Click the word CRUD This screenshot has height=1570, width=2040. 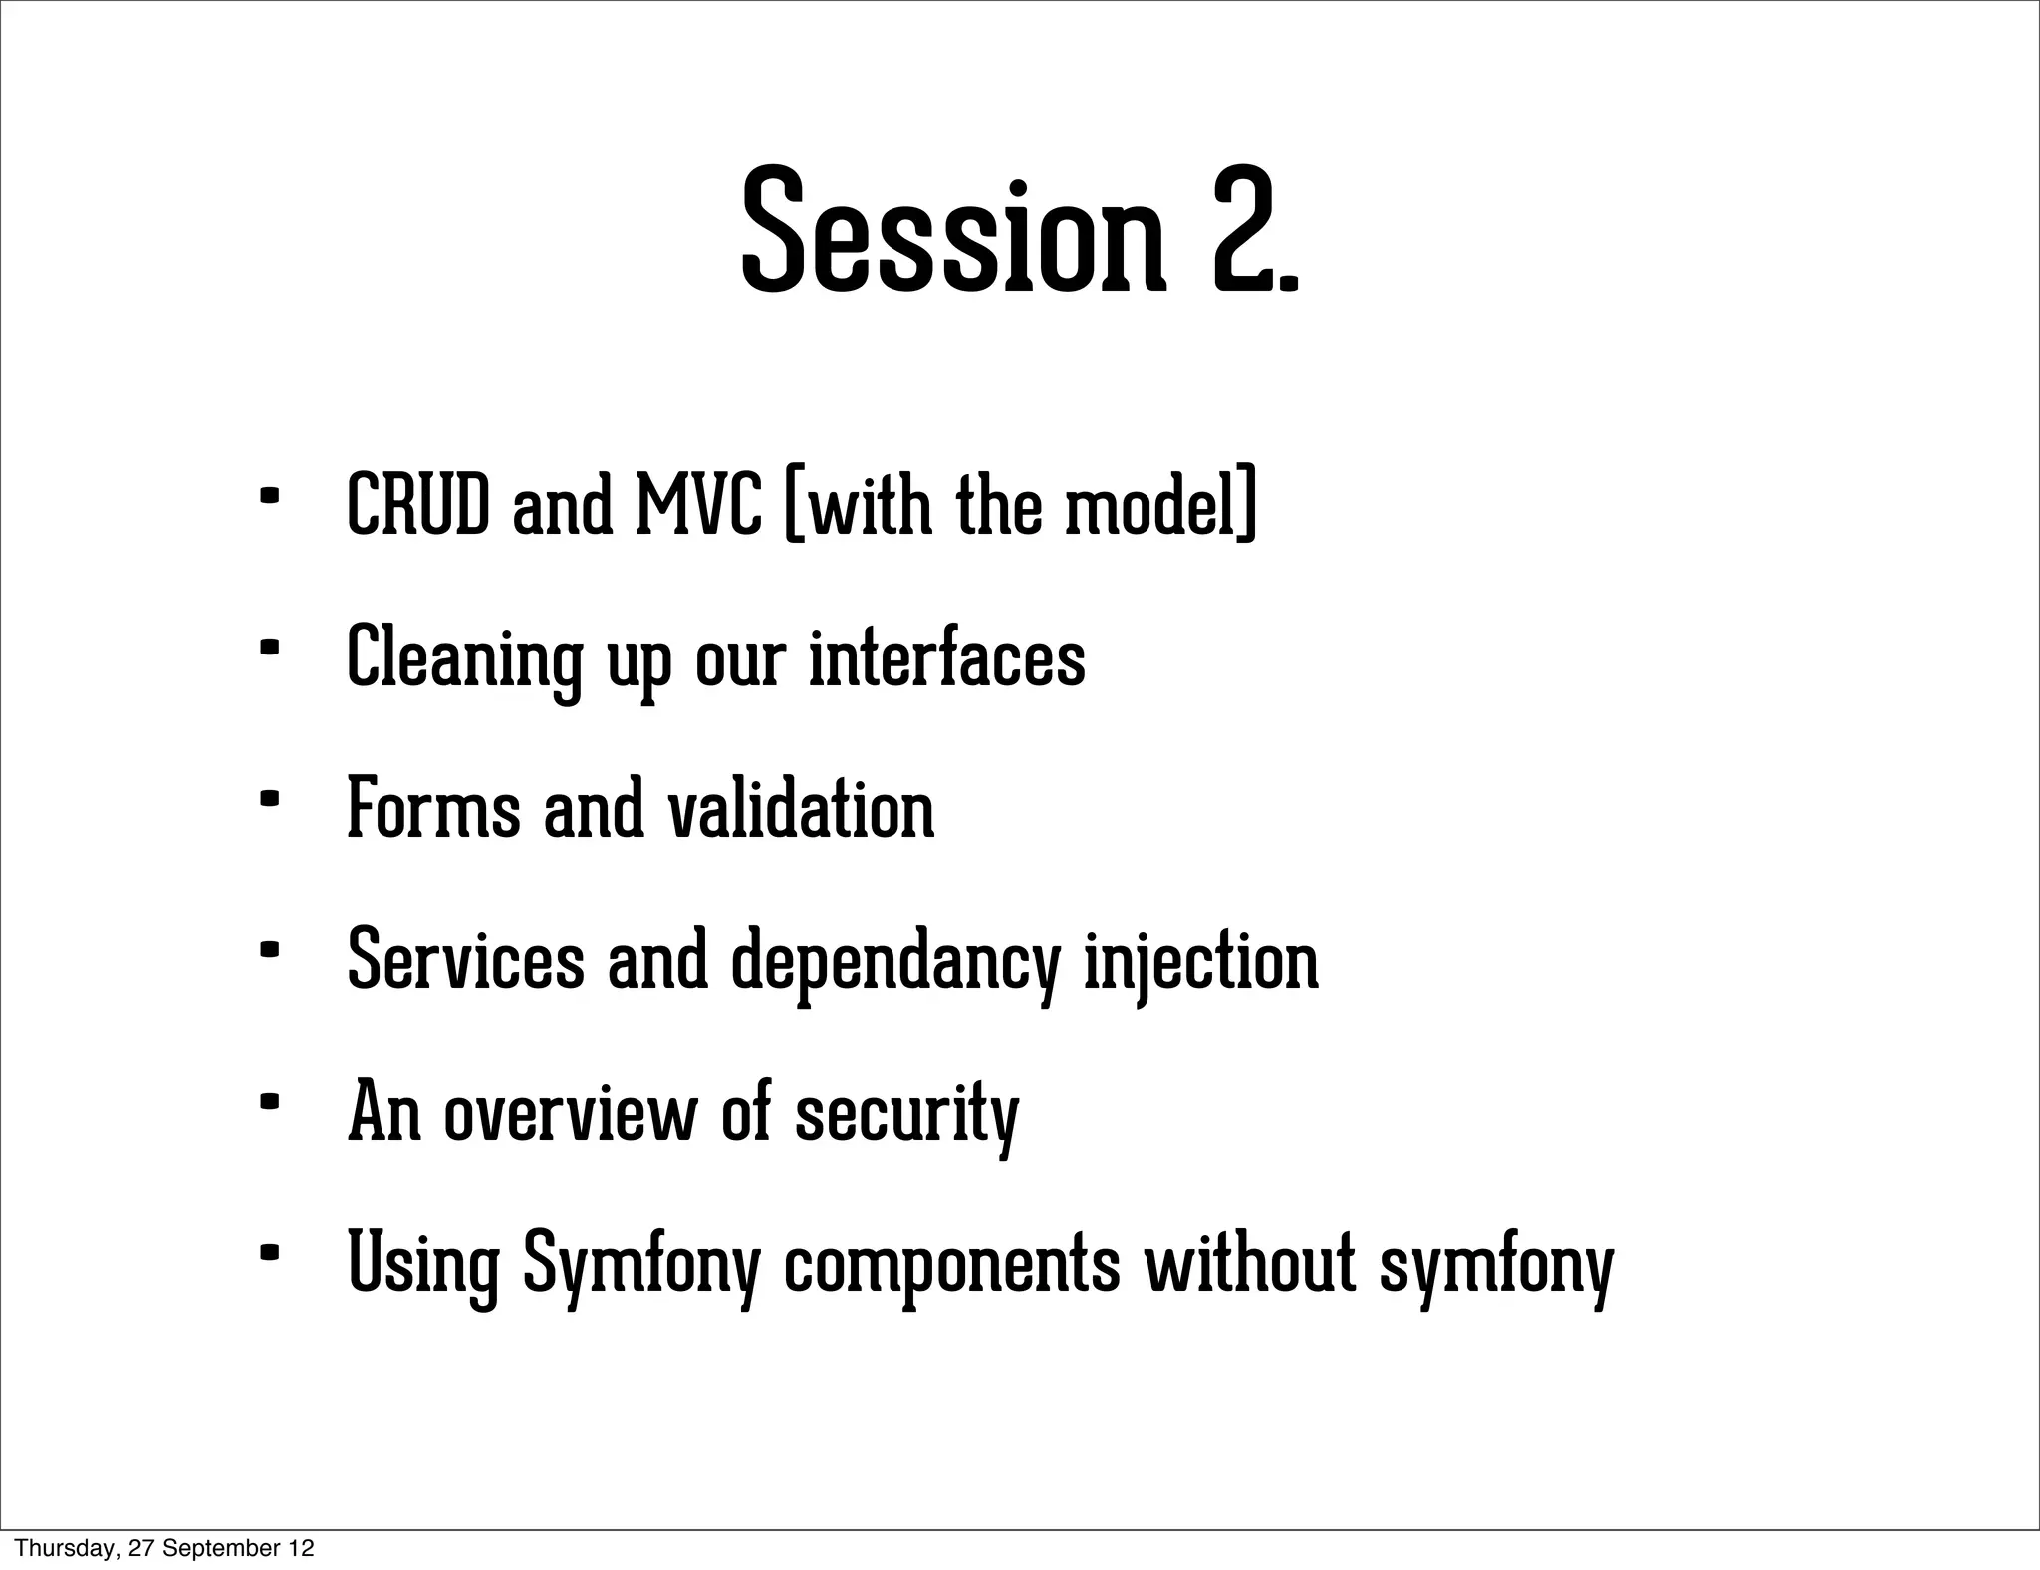(x=418, y=505)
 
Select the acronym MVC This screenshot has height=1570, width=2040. (x=698, y=505)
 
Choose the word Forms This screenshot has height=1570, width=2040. (x=433, y=809)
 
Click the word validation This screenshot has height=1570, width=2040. (x=800, y=809)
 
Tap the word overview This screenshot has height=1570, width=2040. (x=571, y=1112)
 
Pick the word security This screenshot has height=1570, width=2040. (x=906, y=1114)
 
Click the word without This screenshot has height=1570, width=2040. (x=1251, y=1263)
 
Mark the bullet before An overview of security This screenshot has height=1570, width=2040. (x=267, y=1102)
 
